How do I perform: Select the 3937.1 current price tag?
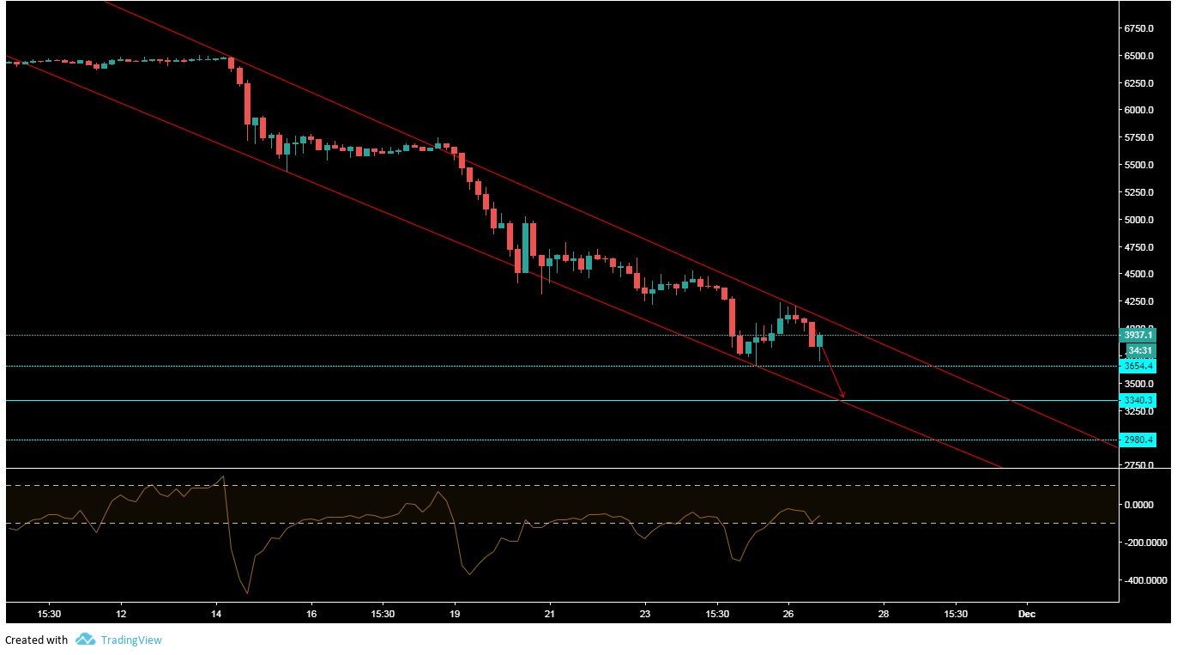[1138, 335]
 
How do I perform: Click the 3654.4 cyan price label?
[1138, 366]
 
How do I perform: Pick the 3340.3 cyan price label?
[1138, 400]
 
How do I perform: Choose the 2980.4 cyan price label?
[1138, 440]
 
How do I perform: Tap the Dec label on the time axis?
[1026, 615]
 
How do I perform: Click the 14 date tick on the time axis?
[216, 615]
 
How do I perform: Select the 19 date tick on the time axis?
[455, 615]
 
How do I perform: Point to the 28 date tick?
[884, 615]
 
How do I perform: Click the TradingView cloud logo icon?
[85, 640]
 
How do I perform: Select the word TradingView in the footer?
[131, 640]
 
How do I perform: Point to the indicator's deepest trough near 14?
[247, 593]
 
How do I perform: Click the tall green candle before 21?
[525, 247]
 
